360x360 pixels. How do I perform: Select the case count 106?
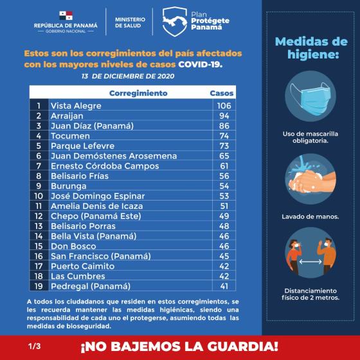(x=224, y=105)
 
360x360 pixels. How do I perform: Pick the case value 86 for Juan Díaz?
(x=224, y=125)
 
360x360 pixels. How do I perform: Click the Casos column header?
(x=222, y=93)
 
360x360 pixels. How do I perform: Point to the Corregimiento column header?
(x=138, y=93)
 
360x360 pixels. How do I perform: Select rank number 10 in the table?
(x=39, y=195)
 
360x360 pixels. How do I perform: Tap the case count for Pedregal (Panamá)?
(x=224, y=285)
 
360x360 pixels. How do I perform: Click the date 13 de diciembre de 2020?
(x=128, y=76)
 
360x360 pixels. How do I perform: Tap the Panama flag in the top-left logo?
(x=66, y=15)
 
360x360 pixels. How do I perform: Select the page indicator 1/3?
(x=34, y=346)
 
